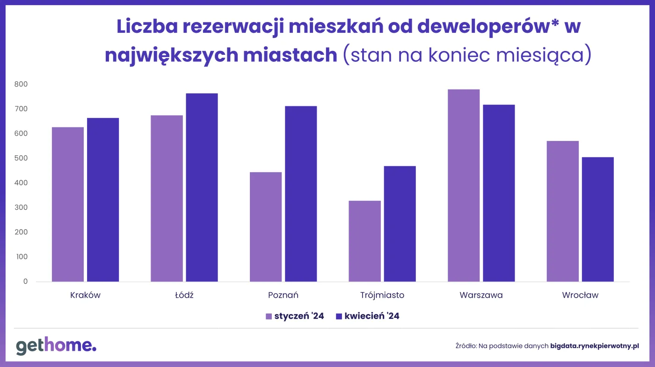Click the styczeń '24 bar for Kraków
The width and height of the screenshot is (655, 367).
click(68, 204)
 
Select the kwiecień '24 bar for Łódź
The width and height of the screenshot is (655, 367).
click(202, 187)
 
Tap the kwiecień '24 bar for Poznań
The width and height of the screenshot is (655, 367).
click(301, 194)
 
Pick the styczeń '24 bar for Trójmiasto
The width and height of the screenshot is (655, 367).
click(364, 241)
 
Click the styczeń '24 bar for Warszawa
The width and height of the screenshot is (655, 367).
click(464, 185)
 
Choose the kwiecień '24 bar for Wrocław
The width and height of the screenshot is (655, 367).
click(597, 219)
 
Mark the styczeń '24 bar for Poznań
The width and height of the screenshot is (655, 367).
click(266, 227)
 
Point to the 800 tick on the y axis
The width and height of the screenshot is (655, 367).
click(21, 84)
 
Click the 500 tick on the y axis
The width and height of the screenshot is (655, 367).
click(21, 158)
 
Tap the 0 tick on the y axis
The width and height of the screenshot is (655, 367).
click(25, 281)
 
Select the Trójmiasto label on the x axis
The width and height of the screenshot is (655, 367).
click(382, 295)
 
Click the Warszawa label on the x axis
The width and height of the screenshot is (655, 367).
click(481, 295)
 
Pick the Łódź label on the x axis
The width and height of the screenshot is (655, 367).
click(184, 295)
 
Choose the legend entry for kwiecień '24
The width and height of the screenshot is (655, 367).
click(368, 316)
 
